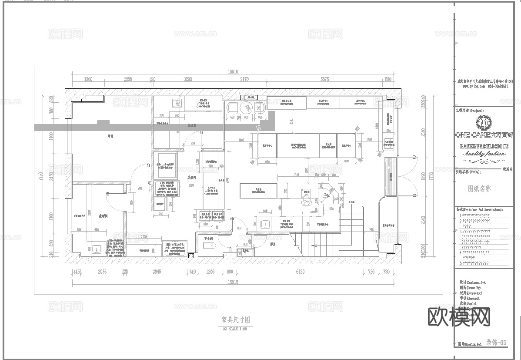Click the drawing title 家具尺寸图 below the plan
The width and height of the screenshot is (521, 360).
click(x=235, y=320)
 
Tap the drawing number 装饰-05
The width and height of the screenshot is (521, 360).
click(x=496, y=343)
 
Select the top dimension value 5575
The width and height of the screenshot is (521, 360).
click(x=324, y=79)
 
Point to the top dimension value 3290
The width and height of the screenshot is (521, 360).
click(x=187, y=79)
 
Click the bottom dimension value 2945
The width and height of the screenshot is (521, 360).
click(x=157, y=272)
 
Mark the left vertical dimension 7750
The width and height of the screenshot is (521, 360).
click(x=40, y=176)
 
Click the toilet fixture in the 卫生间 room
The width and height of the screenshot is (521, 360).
click(x=210, y=246)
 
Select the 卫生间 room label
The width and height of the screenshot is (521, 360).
click(x=209, y=239)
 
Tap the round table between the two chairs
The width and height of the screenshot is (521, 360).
click(x=247, y=108)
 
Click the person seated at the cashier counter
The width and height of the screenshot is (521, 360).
click(x=306, y=201)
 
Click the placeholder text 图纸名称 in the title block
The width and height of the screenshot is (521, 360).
click(x=479, y=189)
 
